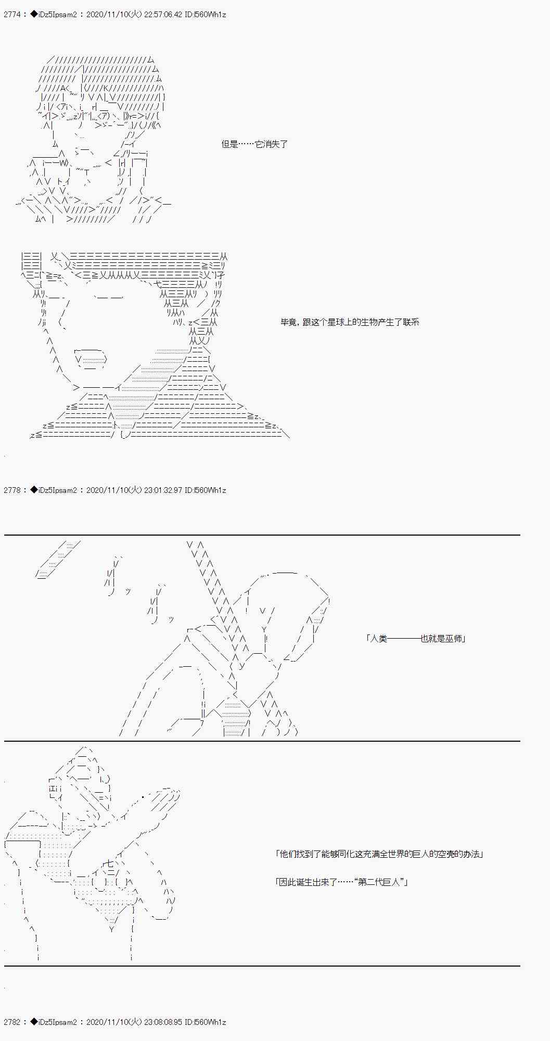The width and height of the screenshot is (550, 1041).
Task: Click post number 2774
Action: tap(12, 15)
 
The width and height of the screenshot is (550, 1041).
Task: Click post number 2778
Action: tap(12, 490)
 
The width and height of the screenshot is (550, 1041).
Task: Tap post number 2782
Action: tap(12, 1022)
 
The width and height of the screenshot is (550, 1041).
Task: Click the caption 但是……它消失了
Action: tap(254, 144)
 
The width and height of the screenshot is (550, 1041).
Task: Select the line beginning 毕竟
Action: tap(350, 322)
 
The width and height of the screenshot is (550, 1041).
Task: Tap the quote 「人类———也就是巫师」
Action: tap(415, 639)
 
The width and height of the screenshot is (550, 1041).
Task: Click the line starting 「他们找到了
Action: tap(379, 854)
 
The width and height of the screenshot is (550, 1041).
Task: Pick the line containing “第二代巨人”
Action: tap(341, 882)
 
